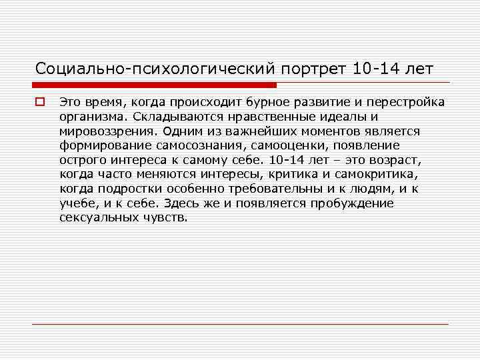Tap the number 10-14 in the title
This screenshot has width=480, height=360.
pyautogui.click(x=379, y=68)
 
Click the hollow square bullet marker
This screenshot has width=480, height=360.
pyautogui.click(x=40, y=102)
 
